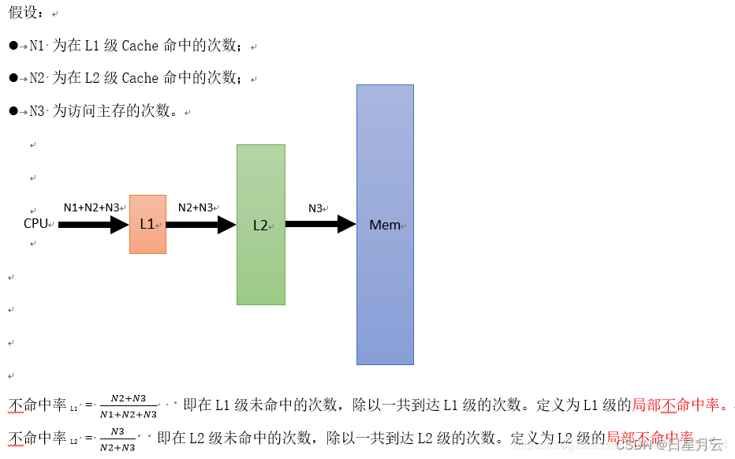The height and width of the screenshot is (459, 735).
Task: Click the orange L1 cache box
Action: click(x=147, y=224)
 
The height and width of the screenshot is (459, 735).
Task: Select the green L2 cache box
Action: click(x=260, y=225)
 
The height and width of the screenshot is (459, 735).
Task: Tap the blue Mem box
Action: click(x=385, y=225)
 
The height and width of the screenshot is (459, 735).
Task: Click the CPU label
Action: click(x=36, y=223)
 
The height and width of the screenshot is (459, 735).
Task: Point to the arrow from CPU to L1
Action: click(x=93, y=225)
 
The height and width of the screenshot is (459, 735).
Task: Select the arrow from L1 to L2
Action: click(x=200, y=225)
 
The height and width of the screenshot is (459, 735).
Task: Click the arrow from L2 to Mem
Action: click(x=320, y=225)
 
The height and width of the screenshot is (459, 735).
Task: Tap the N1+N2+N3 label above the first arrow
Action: click(x=91, y=207)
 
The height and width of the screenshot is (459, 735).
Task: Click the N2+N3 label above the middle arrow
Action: click(x=196, y=207)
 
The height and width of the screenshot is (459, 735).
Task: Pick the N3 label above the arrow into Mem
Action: click(x=315, y=208)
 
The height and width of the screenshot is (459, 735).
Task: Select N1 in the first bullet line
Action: click(x=37, y=46)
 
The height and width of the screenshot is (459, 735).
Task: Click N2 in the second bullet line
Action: click(x=37, y=78)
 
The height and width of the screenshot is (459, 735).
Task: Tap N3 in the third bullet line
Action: click(x=37, y=111)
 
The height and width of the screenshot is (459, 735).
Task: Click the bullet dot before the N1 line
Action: click(x=13, y=46)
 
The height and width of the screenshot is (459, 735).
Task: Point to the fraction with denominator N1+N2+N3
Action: click(x=129, y=406)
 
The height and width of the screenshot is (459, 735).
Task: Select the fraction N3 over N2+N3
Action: click(x=118, y=438)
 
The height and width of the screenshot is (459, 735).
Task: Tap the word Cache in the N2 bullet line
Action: click(x=140, y=78)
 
